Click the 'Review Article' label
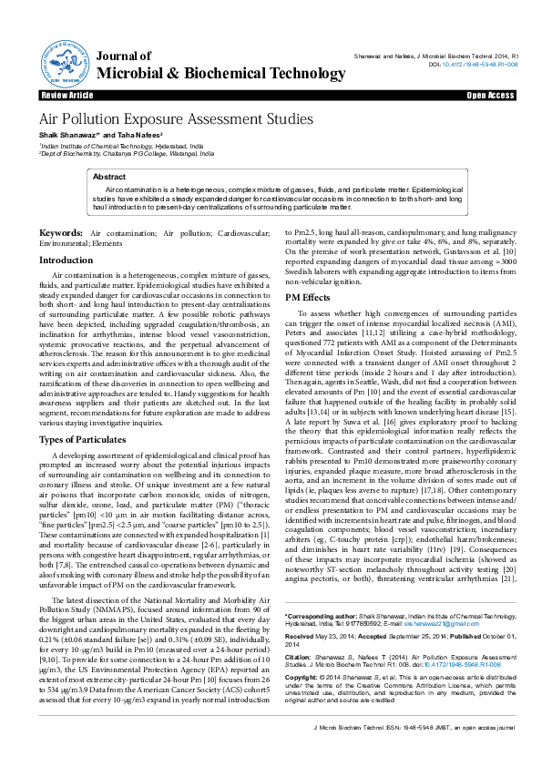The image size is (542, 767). coord(67,95)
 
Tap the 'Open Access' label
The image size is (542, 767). coord(490,95)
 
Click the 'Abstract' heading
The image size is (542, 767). coord(109,177)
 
